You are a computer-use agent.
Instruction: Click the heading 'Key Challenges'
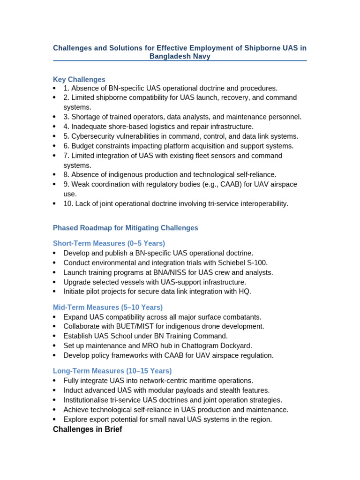79,80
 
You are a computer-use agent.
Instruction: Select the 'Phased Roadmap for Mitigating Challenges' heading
126,228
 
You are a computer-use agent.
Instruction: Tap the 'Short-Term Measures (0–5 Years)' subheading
109,243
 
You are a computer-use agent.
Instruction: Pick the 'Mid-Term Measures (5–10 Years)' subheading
108,307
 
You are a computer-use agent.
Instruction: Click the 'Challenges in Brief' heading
88,429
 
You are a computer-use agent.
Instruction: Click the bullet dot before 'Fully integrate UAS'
55,381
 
